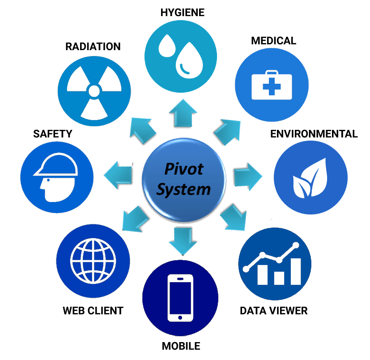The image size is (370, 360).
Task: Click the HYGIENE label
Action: pyautogui.click(x=182, y=12)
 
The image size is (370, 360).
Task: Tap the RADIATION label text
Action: pyautogui.click(x=93, y=47)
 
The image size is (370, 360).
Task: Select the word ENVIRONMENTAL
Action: pyautogui.click(x=314, y=134)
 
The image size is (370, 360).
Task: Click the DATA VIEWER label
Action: pyautogui.click(x=274, y=310)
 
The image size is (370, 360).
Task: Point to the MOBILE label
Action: pyautogui.click(x=181, y=346)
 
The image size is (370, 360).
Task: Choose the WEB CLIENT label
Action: pyautogui.click(x=93, y=310)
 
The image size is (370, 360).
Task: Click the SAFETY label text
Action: pyautogui.click(x=52, y=134)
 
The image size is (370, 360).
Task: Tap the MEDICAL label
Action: pyautogui.click(x=273, y=41)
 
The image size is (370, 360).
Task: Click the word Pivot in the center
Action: pyautogui.click(x=183, y=169)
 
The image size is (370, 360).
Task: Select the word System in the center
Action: pyautogui.click(x=183, y=189)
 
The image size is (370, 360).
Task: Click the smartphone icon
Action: pyautogui.click(x=180, y=297)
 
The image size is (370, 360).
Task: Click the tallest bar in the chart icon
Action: pyautogui.click(x=296, y=271)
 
